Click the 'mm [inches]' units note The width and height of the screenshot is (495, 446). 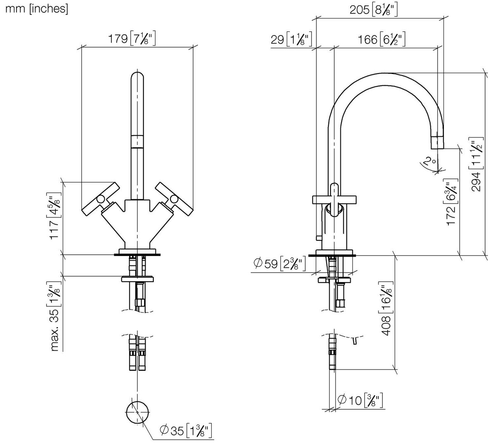click(37, 9)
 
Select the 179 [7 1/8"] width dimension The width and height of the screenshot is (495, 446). click(132, 39)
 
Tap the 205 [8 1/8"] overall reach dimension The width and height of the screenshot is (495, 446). click(374, 10)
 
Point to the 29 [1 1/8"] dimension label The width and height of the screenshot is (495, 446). click(291, 40)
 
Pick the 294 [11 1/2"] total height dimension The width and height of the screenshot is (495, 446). click(477, 164)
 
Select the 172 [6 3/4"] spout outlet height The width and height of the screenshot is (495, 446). click(452, 202)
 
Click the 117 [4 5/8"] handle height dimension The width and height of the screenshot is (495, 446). click(54, 216)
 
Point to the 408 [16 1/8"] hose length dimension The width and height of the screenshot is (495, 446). click(387, 308)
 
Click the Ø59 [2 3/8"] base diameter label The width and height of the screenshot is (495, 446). click(280, 263)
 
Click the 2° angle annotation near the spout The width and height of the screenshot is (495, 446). click(429, 161)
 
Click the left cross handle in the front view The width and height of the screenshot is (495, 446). click(100, 199)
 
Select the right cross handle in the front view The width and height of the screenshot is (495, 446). click(174, 199)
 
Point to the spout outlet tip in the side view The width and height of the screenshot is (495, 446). click(437, 142)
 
